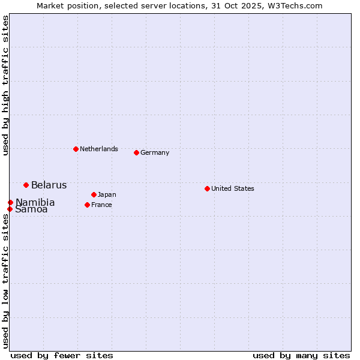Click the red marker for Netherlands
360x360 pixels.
point(76,149)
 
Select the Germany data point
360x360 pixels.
point(136,152)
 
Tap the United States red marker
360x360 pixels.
point(207,188)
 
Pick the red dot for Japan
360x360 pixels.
point(94,194)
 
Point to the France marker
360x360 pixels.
point(87,205)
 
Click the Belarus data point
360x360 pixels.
point(26,185)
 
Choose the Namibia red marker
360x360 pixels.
point(10,202)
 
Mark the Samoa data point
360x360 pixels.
point(10,209)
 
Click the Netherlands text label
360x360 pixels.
point(98,149)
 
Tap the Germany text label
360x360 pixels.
point(155,152)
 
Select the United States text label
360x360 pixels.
point(232,188)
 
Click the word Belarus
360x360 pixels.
point(49,185)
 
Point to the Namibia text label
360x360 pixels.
point(35,202)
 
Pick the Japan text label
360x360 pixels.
point(107,194)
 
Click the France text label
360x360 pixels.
point(101,205)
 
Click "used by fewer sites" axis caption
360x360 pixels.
point(62,355)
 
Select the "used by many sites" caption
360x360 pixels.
point(301,355)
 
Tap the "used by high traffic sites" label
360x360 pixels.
point(5,85)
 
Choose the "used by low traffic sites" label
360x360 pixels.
point(5,280)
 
